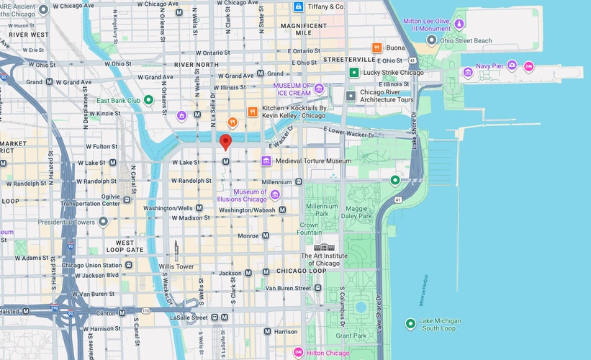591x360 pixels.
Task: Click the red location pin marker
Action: click(x=225, y=141)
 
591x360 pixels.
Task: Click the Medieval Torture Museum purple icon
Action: click(x=266, y=161)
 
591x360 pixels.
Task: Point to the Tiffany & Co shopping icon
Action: click(x=298, y=6)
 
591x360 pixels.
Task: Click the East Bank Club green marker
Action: click(x=148, y=100)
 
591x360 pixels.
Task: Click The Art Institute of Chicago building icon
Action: click(x=328, y=247)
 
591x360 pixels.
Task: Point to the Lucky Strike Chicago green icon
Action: click(x=353, y=73)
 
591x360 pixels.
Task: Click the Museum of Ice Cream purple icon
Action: click(x=319, y=89)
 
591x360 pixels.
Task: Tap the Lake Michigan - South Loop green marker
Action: click(x=410, y=324)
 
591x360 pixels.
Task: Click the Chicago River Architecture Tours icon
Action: click(x=351, y=96)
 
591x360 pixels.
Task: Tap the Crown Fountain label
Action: click(x=310, y=229)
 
